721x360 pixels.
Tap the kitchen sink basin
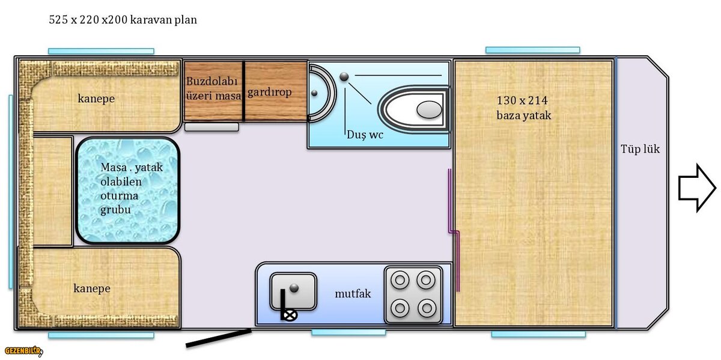pyautogui.click(x=293, y=291)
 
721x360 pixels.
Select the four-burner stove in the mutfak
pyautogui.click(x=413, y=294)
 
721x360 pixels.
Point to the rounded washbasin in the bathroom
pyautogui.click(x=322, y=93)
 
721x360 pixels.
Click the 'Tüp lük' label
pyautogui.click(x=640, y=149)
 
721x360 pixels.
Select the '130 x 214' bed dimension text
pyautogui.click(x=522, y=100)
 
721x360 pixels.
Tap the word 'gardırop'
pyautogui.click(x=270, y=93)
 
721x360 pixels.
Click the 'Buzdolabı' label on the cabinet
pyautogui.click(x=211, y=81)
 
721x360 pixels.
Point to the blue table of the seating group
pyautogui.click(x=128, y=191)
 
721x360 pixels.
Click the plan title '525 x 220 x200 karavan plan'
pyautogui.click(x=123, y=20)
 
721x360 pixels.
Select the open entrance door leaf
pyautogui.click(x=219, y=338)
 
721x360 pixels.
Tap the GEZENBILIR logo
pyautogui.click(x=23, y=351)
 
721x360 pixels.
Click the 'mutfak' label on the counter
pyautogui.click(x=353, y=294)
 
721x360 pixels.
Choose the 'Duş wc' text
pyautogui.click(x=365, y=135)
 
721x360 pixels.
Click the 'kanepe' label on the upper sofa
pyautogui.click(x=96, y=99)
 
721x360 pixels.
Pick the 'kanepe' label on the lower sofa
pyautogui.click(x=92, y=288)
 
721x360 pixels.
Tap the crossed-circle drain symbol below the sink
pyautogui.click(x=290, y=316)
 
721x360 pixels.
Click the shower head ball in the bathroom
pyautogui.click(x=344, y=77)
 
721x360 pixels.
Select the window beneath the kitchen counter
pyautogui.click(x=348, y=332)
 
